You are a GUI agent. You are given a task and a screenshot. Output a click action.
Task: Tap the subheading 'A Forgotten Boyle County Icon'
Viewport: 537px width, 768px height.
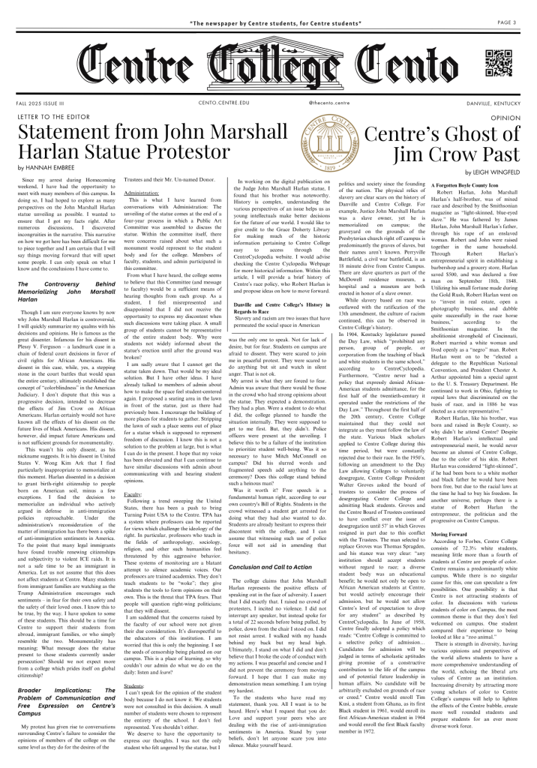[439, 184]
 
